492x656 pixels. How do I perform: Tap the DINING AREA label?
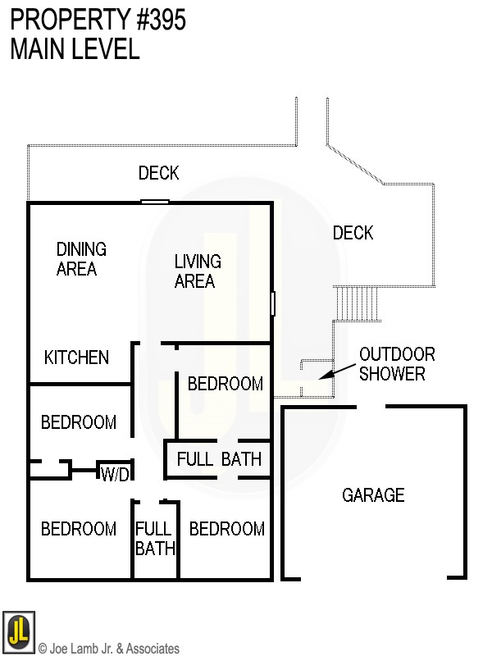click(80, 258)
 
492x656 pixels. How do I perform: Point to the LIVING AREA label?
click(198, 271)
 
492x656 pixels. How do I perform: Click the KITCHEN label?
click(76, 358)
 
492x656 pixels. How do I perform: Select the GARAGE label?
click(373, 495)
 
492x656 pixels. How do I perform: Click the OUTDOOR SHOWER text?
click(398, 364)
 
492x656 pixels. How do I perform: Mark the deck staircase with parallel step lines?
click(358, 303)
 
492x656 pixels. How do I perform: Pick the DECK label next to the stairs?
click(353, 234)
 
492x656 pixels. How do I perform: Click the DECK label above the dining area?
click(158, 173)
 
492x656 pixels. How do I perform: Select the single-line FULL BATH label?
click(219, 459)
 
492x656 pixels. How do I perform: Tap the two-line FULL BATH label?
click(155, 539)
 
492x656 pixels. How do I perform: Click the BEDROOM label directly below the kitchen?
click(79, 423)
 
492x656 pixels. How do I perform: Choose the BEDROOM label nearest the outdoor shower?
click(225, 384)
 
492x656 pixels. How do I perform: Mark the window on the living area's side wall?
click(272, 303)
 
